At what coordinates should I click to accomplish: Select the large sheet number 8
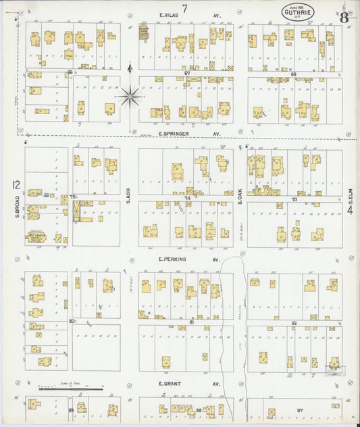(x=344, y=17)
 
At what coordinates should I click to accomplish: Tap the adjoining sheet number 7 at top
(x=184, y=7)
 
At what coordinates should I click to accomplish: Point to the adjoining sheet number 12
(x=14, y=184)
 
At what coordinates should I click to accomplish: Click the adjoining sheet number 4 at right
(x=350, y=211)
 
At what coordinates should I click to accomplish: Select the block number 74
(x=188, y=197)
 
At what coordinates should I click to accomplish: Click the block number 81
(x=191, y=322)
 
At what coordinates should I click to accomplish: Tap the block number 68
(x=293, y=74)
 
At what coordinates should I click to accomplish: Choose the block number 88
(x=199, y=410)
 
